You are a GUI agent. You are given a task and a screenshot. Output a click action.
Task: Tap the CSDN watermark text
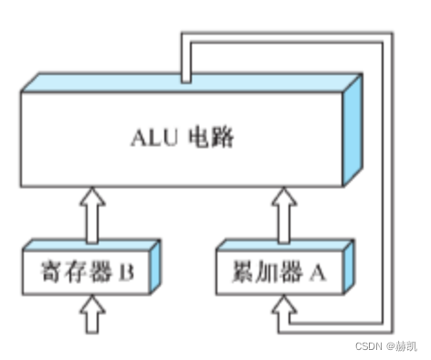(x=365, y=346)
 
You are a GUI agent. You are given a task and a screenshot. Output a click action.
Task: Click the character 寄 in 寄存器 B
(x=51, y=270)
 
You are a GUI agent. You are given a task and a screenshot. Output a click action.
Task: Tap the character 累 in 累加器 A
(x=242, y=270)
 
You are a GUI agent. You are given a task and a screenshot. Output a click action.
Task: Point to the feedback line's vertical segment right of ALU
(x=388, y=183)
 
